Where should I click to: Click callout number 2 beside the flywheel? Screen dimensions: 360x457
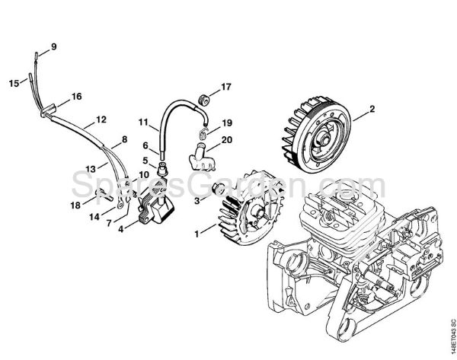click(372, 110)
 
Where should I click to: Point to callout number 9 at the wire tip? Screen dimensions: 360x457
click(54, 47)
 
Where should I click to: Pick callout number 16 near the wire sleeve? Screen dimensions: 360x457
click(76, 96)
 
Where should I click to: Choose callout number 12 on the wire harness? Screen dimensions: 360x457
click(101, 120)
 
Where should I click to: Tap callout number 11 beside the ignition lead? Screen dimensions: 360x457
click(143, 122)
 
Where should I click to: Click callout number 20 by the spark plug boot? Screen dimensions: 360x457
click(226, 140)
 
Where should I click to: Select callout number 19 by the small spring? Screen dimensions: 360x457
click(226, 123)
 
